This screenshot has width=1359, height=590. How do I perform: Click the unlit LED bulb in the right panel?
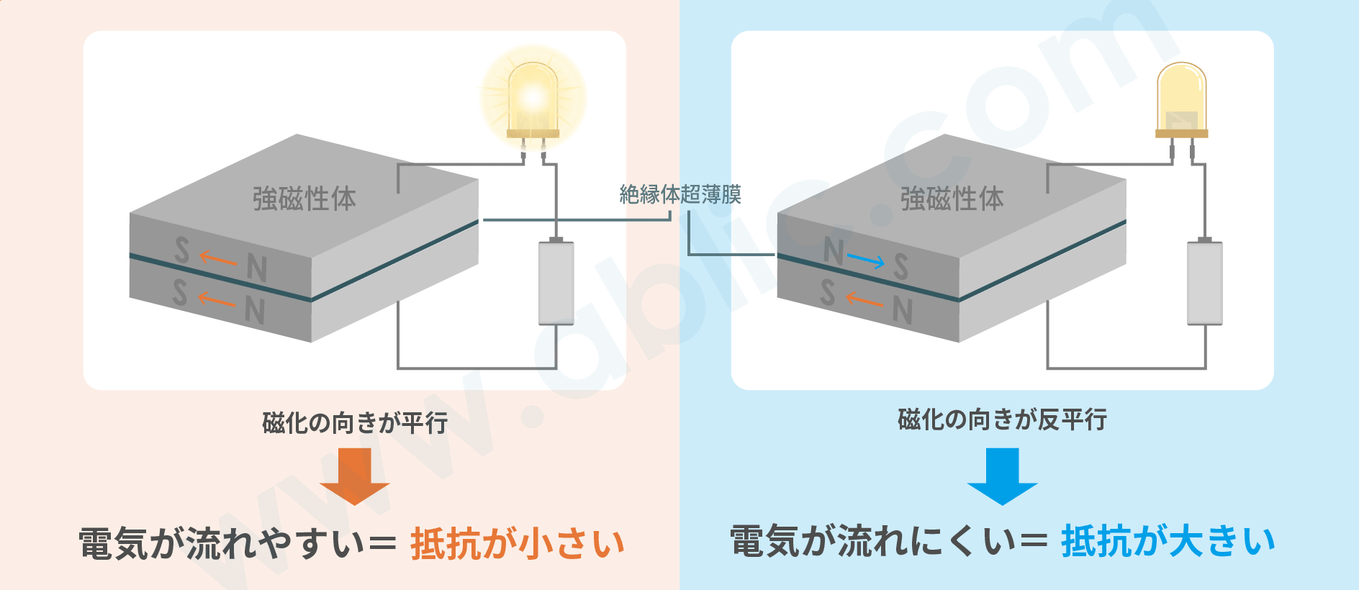pyautogui.click(x=1181, y=101)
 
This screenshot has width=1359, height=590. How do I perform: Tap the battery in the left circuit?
pyautogui.click(x=556, y=283)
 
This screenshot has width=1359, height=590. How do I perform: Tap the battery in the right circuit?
pyautogui.click(x=1204, y=283)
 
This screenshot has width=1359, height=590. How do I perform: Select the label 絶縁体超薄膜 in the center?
pyautogui.click(x=679, y=194)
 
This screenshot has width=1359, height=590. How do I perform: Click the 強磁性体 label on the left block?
pyautogui.click(x=304, y=199)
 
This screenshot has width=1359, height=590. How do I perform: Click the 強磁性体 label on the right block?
pyautogui.click(x=952, y=199)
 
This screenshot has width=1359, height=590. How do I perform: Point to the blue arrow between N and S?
pyautogui.click(x=866, y=260)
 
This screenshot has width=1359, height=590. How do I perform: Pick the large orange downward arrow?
pyautogui.click(x=354, y=476)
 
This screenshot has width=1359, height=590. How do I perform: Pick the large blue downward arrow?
pyautogui.click(x=1002, y=476)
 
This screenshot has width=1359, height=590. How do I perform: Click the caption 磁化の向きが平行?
pyautogui.click(x=355, y=422)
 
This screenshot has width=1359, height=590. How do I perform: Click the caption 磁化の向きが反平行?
pyautogui.click(x=1002, y=419)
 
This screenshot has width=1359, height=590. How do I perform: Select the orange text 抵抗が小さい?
pyautogui.click(x=517, y=543)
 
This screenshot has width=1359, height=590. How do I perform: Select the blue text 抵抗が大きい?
pyautogui.click(x=1168, y=541)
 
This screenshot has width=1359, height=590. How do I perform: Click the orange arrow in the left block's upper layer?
pyautogui.click(x=218, y=258)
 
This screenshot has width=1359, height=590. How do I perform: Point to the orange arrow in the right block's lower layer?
pyautogui.click(x=864, y=299)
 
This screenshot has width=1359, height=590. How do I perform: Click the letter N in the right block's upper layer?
pyautogui.click(x=834, y=251)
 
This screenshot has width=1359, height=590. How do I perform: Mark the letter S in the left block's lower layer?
pyautogui.click(x=180, y=292)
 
